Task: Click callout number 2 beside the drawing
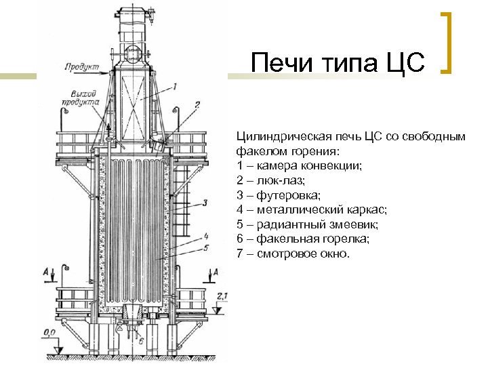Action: click(197, 105)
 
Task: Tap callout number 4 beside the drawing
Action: click(204, 237)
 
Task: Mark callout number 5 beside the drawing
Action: click(205, 249)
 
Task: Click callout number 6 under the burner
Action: click(141, 341)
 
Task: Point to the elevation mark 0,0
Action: click(49, 332)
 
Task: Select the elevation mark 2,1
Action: click(223, 296)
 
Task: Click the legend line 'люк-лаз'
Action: click(271, 180)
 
